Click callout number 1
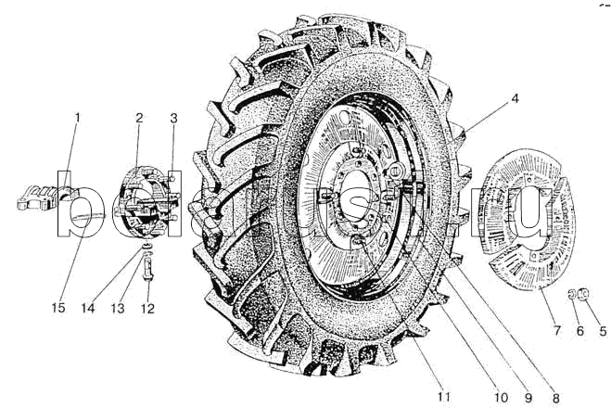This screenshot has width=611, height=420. click(78, 117)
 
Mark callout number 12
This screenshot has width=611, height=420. click(148, 307)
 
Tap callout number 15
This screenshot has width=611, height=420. click(58, 307)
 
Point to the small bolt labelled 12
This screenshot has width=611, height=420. click(147, 270)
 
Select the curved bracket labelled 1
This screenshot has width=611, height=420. click(46, 196)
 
